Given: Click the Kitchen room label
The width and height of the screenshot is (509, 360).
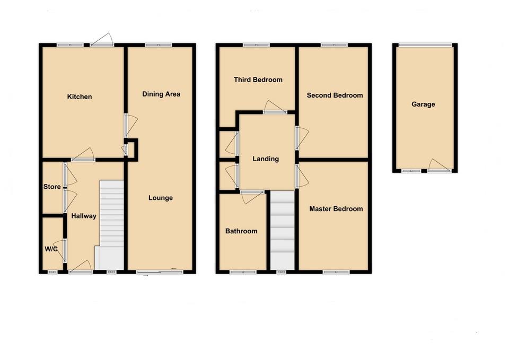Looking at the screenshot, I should [x=80, y=96].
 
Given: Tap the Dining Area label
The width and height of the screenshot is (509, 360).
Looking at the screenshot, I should [x=161, y=94].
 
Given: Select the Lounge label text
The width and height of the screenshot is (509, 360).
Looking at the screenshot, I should [x=160, y=198].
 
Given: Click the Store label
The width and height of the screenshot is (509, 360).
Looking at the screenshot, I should [x=52, y=187].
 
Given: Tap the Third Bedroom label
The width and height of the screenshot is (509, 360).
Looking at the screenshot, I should [x=258, y=80].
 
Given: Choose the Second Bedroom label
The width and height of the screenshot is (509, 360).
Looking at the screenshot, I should [x=335, y=95].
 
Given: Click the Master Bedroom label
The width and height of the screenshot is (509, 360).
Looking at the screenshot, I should [x=336, y=209].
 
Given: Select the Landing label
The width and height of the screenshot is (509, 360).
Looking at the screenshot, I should [x=266, y=159].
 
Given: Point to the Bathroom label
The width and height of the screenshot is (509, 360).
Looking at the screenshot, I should [x=241, y=231].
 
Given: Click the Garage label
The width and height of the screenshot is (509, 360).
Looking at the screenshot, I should [x=423, y=104].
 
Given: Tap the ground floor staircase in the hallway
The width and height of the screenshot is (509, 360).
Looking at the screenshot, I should [x=111, y=223].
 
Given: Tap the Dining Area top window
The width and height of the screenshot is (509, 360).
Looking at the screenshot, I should [x=158, y=46].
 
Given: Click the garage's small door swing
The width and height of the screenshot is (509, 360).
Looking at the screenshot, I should [x=440, y=165].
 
